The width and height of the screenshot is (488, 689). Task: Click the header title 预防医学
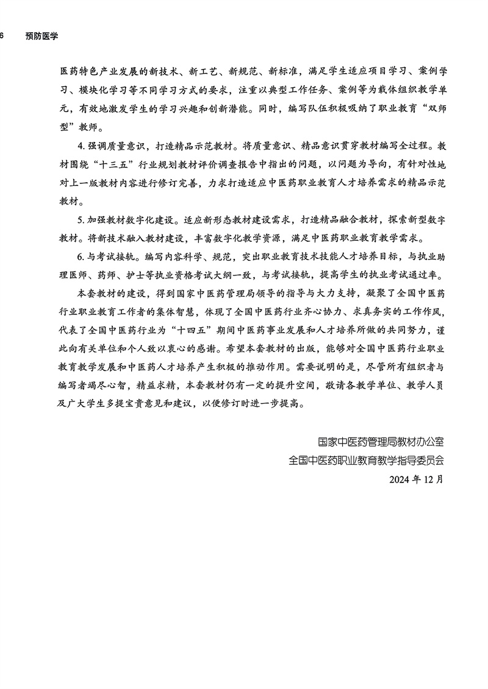point(42,36)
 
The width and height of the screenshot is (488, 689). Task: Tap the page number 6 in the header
point(2,36)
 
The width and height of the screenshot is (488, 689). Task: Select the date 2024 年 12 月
point(417,479)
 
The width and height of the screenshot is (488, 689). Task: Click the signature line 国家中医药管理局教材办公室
point(381,441)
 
